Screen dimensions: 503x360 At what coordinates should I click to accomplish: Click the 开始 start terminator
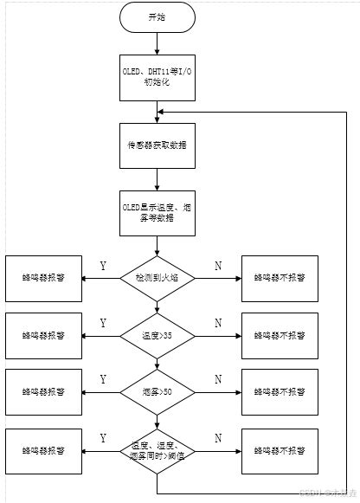(157, 17)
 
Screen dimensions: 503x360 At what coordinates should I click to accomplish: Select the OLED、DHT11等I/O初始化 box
(157, 75)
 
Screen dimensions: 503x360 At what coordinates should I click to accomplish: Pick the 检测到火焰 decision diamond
(157, 278)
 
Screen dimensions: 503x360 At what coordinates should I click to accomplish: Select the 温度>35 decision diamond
(157, 334)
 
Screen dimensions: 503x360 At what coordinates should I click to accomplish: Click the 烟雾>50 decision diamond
(157, 390)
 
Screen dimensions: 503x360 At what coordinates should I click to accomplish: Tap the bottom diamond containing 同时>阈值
(157, 449)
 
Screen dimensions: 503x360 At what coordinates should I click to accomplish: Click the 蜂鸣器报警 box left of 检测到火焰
(43, 278)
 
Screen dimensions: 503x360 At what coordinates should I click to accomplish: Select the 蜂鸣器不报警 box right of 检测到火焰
(280, 278)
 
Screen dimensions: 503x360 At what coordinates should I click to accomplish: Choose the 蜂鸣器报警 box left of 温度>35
(43, 334)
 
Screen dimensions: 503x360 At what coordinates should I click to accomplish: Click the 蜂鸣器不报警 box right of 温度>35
(280, 334)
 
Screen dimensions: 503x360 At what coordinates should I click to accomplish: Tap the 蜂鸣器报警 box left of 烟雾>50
(43, 390)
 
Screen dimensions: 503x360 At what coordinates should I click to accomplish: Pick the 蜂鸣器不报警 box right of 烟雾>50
(280, 390)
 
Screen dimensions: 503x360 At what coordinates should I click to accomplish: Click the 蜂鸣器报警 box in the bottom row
(43, 449)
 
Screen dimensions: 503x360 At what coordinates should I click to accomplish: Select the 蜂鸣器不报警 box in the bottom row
(280, 449)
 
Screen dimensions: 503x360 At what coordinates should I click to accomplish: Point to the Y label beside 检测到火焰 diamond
(103, 266)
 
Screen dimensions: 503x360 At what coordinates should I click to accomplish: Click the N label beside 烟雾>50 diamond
(217, 379)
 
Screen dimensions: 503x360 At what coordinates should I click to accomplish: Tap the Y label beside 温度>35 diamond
(103, 323)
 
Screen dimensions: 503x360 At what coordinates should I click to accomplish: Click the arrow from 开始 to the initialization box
(157, 42)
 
